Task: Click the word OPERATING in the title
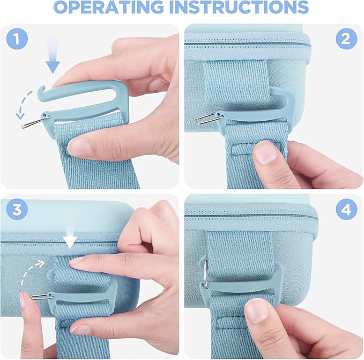(109, 6)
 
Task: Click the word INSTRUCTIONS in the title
(239, 6)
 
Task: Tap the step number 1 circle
(17, 39)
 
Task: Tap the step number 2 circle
(346, 39)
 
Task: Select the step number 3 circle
(17, 209)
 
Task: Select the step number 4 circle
(346, 209)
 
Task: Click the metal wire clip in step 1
(35, 121)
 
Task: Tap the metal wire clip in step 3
(42, 297)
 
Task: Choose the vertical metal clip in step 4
(205, 274)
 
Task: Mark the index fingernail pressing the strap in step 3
(76, 263)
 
